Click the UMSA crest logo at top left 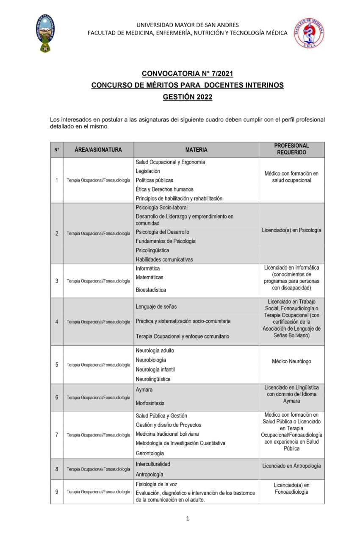(x=45, y=33)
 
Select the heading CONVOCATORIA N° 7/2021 (x=187, y=73)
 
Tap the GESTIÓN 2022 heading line (x=187, y=97)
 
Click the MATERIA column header (x=196, y=150)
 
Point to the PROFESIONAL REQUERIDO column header (x=291, y=149)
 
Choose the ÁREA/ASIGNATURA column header (x=98, y=150)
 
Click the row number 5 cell (x=57, y=365)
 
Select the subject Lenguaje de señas (x=156, y=306)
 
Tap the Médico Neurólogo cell (x=291, y=362)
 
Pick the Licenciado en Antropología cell (x=291, y=466)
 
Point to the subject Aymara (x=144, y=390)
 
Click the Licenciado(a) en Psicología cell (x=291, y=230)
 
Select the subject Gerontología (x=150, y=453)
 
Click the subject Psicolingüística (x=152, y=250)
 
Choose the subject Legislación (x=148, y=171)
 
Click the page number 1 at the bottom (x=187, y=518)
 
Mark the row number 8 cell (x=57, y=469)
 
